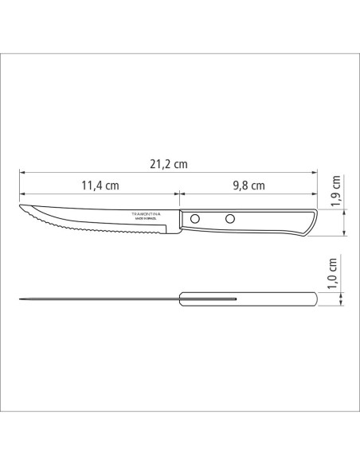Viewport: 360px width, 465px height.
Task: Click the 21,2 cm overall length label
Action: (x=168, y=164)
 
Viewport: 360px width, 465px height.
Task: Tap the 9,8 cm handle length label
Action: (x=248, y=186)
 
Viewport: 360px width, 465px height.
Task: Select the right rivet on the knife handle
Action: (x=230, y=218)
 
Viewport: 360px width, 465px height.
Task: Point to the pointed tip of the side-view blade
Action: (x=21, y=209)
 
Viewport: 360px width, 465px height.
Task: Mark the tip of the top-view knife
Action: (x=21, y=299)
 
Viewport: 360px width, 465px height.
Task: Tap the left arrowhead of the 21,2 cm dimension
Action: (x=22, y=171)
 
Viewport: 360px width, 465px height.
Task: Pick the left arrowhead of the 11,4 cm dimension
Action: (x=22, y=193)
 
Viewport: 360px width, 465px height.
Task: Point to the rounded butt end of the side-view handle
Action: (x=316, y=222)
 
